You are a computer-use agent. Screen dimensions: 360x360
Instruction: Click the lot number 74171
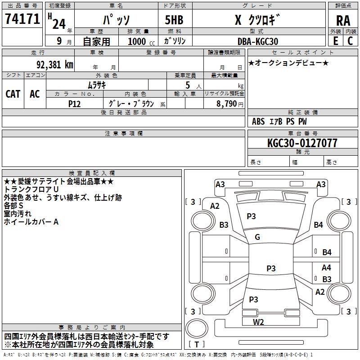[x=22, y=18]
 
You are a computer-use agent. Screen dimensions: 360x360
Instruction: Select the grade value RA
[x=343, y=20]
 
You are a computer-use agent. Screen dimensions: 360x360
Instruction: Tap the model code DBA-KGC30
[x=257, y=41]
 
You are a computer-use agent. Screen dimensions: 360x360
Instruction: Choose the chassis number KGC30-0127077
[x=302, y=143]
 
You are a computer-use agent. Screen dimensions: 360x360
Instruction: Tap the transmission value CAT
[x=13, y=94]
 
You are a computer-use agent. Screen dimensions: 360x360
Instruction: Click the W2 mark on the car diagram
[x=258, y=321]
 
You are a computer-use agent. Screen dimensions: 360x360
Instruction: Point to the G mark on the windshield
[x=257, y=237]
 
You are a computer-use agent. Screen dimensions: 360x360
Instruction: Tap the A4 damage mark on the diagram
[x=326, y=267]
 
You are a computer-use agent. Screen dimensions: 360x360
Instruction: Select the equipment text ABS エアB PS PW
[x=280, y=121]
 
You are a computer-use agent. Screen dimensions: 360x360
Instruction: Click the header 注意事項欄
[x=123, y=134]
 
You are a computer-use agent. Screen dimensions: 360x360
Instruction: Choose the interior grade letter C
[x=350, y=41]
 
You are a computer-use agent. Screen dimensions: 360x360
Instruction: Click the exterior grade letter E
[x=335, y=41]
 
